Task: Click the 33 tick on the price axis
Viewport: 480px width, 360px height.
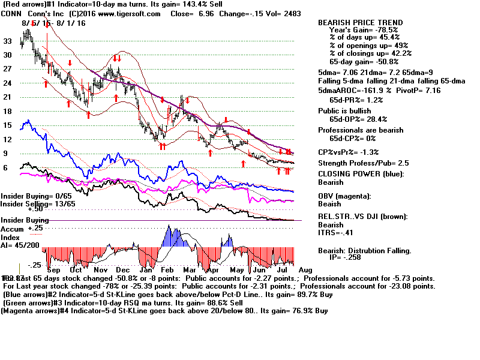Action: point(8,41)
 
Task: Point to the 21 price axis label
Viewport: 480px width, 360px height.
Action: point(8,97)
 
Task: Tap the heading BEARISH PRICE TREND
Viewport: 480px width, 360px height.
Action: point(360,23)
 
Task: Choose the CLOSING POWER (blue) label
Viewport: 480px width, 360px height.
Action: point(361,175)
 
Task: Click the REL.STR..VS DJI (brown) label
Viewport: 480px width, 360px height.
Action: point(363,217)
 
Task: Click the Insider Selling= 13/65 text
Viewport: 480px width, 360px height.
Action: point(29,204)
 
